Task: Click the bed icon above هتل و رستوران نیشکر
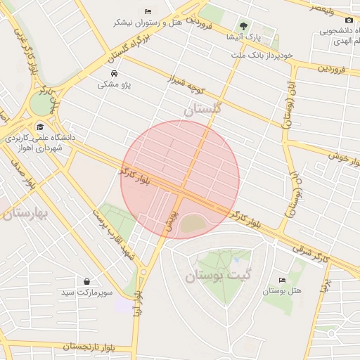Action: pos(148,12)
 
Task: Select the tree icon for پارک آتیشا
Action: pos(243,26)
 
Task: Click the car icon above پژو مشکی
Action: pos(114,74)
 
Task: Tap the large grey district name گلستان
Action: pos(202,109)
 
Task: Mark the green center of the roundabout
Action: pos(41,105)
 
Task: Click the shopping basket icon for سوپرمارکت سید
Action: pos(86,281)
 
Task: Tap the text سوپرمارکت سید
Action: pos(86,292)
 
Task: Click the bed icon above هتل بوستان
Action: pos(283,280)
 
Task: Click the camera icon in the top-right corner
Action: pos(349,20)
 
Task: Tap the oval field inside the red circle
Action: pos(195,224)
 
